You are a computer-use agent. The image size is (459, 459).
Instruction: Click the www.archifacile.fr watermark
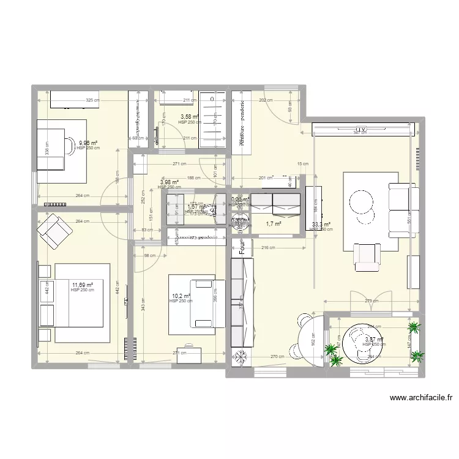pyautogui.click(x=421, y=398)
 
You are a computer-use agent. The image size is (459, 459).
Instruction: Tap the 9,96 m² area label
pyautogui.click(x=88, y=144)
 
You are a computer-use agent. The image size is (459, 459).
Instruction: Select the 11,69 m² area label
pyautogui.click(x=82, y=285)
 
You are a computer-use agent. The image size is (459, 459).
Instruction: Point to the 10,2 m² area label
pyautogui.click(x=181, y=296)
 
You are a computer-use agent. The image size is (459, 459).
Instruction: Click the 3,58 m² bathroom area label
pyautogui.click(x=189, y=116)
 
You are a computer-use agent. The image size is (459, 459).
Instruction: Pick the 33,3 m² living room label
pyautogui.click(x=321, y=225)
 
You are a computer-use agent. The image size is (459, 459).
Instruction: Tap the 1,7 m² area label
pyautogui.click(x=273, y=224)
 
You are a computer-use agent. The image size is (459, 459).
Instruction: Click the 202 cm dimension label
pyautogui.click(x=266, y=100)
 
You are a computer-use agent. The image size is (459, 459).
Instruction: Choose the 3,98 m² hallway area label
pyautogui.click(x=169, y=182)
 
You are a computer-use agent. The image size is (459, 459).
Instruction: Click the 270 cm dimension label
pyautogui.click(x=278, y=356)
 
